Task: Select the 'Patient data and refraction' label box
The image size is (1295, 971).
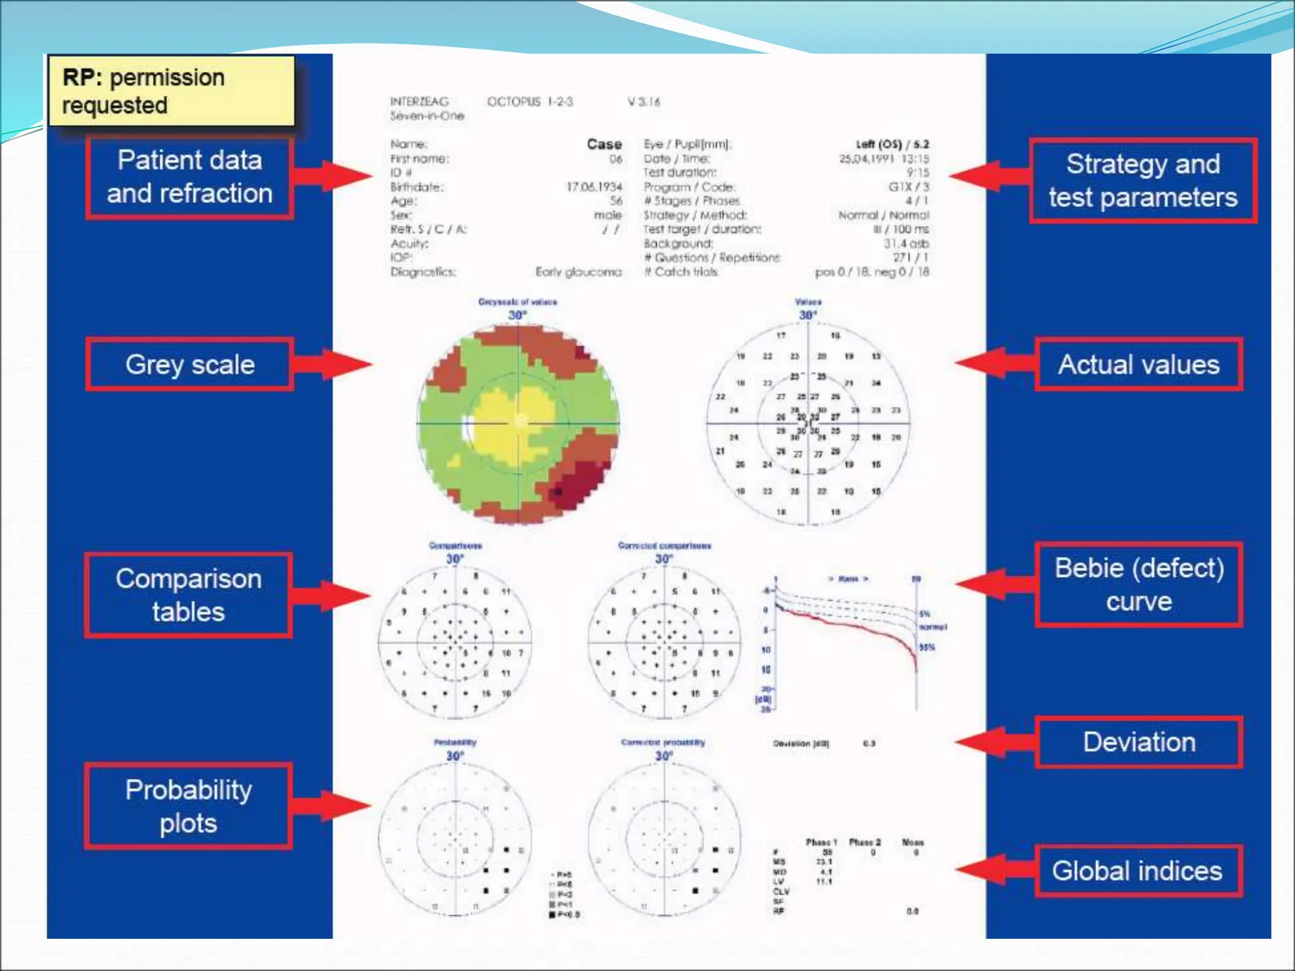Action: (190, 178)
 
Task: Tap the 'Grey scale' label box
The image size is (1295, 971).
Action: (190, 364)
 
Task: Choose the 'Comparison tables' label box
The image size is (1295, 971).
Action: (188, 595)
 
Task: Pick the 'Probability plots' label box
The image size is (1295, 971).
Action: (188, 806)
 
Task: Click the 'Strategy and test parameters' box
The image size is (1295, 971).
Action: (1143, 181)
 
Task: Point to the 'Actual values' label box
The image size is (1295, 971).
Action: (1139, 364)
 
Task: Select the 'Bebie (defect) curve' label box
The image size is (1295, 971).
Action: (1139, 585)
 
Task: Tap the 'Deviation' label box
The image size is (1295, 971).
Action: (1139, 742)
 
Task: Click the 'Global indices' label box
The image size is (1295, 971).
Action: (1138, 871)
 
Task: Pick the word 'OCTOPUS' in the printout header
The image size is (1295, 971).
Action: (514, 102)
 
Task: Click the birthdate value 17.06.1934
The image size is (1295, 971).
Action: (594, 187)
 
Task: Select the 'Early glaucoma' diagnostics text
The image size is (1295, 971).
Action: (578, 272)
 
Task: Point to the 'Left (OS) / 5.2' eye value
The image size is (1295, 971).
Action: (892, 144)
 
